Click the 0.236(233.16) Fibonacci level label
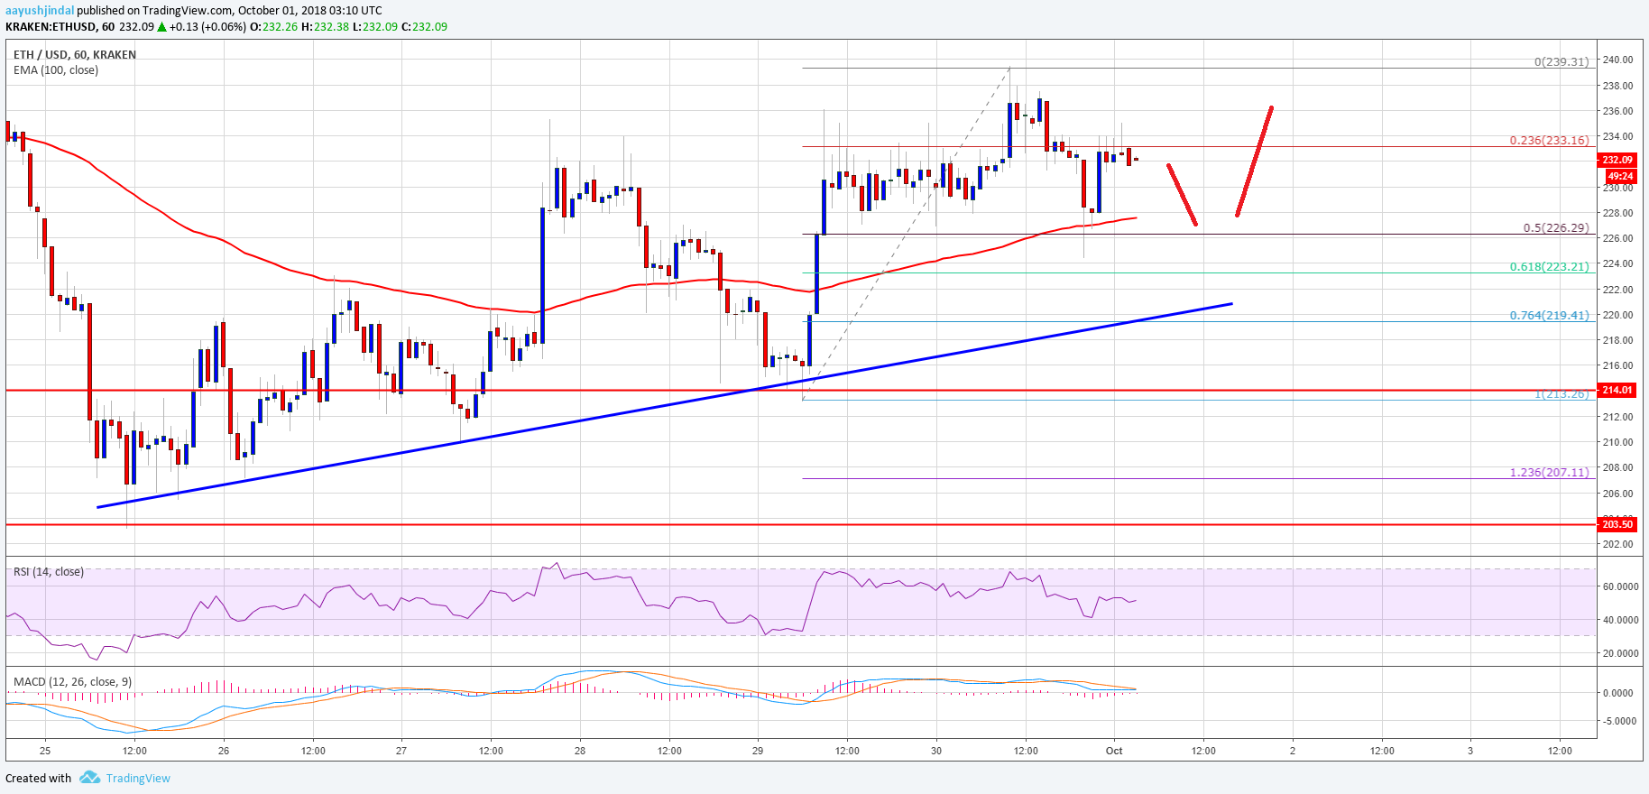[x=1549, y=141]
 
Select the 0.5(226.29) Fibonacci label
[x=1555, y=228]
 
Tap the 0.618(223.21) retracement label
[x=1549, y=267]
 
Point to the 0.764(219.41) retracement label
[x=1549, y=316]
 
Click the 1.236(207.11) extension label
[x=1549, y=473]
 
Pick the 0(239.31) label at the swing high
[x=1561, y=62]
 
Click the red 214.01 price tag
[x=1617, y=391]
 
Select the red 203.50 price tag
[x=1617, y=524]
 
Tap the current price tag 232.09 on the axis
[x=1617, y=160]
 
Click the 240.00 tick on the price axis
[x=1617, y=60]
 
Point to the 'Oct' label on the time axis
[x=1114, y=751]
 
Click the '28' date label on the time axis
[x=580, y=751]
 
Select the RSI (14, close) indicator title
[x=49, y=572]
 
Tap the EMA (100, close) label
[x=56, y=70]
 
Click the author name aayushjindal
[x=40, y=11]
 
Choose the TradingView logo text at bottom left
[x=137, y=779]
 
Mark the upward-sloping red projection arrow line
[x=1255, y=162]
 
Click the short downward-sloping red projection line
[x=1182, y=194]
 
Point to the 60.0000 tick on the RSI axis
[x=1620, y=586]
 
